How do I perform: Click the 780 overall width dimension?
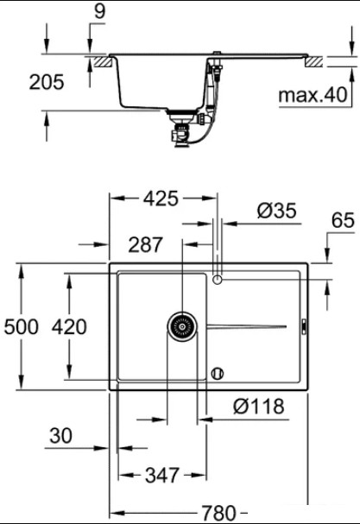[219, 512]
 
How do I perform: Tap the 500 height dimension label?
[22, 326]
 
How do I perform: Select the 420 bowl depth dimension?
[69, 326]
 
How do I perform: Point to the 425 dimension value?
[161, 199]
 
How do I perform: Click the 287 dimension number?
[145, 244]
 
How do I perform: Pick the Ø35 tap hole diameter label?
[277, 211]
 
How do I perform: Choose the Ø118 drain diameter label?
[259, 406]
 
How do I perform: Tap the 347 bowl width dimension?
[162, 475]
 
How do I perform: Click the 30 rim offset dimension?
[60, 436]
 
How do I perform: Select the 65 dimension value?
[343, 220]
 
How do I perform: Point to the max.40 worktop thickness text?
[313, 95]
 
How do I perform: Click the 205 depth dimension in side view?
[47, 82]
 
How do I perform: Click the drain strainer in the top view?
[182, 326]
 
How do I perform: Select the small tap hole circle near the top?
[218, 279]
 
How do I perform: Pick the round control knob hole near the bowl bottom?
[218, 373]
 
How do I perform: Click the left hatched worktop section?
[103, 62]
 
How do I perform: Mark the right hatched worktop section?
[313, 62]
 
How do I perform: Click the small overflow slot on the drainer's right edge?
[304, 326]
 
